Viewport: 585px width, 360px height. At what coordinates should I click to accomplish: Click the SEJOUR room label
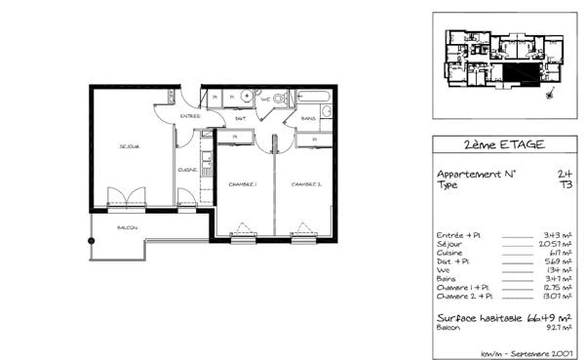coord(130,147)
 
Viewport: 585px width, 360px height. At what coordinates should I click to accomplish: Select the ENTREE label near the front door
coord(189,116)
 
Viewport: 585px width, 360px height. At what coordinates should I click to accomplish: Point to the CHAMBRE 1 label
coord(242,183)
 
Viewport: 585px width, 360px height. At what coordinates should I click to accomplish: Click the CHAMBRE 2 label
coord(305,183)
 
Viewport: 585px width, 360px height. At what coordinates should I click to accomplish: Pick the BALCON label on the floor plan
coord(127,228)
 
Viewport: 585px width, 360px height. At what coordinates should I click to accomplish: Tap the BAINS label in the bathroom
coord(307,119)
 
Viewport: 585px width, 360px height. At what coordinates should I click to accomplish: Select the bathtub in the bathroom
coord(314,98)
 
